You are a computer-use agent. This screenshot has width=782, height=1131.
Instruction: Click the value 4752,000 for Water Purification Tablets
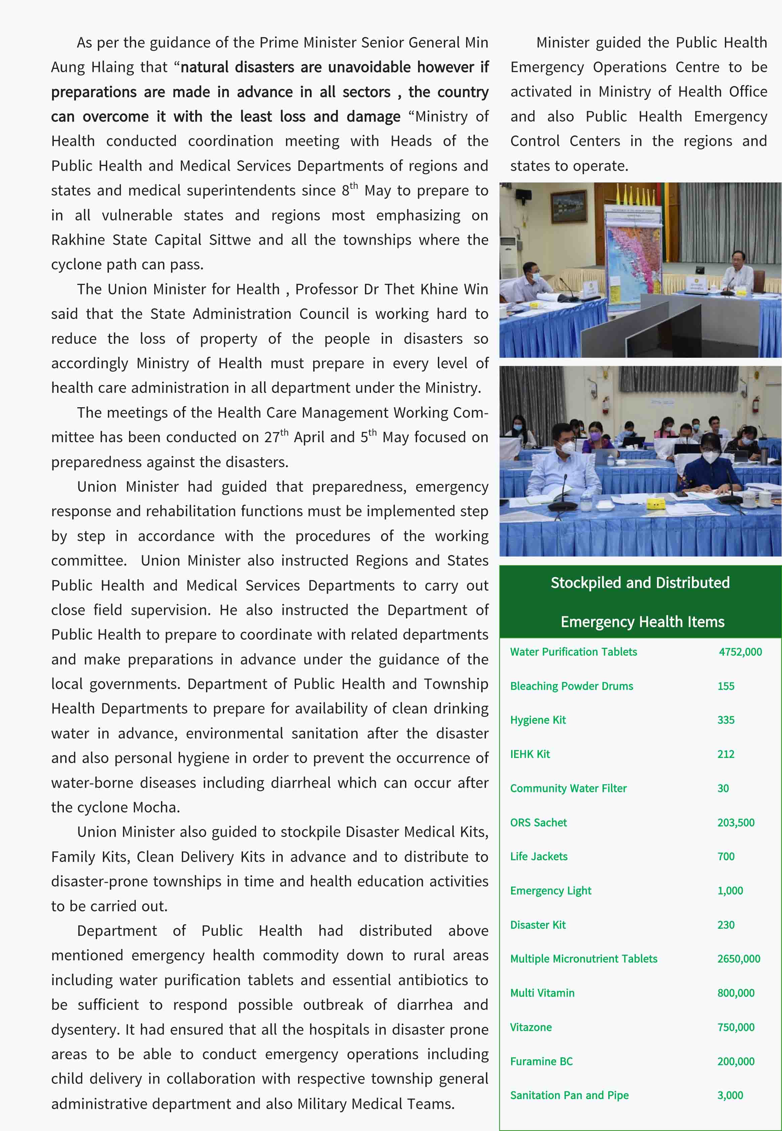(x=740, y=652)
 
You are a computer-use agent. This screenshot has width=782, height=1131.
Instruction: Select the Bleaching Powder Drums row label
(x=571, y=686)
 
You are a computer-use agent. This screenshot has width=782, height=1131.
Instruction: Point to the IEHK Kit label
(x=530, y=754)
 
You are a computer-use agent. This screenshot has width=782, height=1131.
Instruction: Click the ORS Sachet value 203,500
(x=735, y=823)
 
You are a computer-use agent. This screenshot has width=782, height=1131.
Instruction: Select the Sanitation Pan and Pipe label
(x=569, y=1095)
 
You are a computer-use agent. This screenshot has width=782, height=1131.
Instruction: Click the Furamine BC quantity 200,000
(x=735, y=1061)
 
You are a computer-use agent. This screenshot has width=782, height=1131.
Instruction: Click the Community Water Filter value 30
(x=723, y=789)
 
